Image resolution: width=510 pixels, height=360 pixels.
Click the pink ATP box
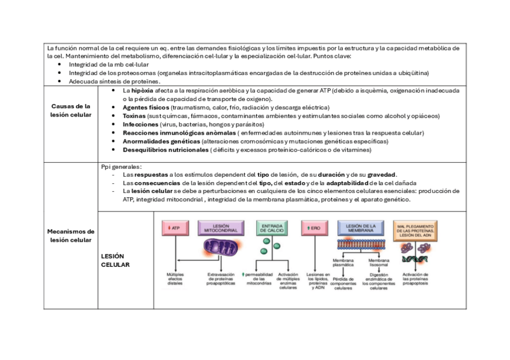coord(174,228)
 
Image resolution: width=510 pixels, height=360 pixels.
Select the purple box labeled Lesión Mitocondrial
coord(221,228)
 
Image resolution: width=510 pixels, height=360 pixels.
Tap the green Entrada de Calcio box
coord(272,228)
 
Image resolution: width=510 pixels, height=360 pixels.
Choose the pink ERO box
coord(315,228)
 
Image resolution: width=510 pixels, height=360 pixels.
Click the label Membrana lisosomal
coord(379,263)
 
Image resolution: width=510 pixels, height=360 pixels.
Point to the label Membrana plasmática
coord(343,263)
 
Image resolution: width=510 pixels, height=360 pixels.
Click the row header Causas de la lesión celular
coord(71,110)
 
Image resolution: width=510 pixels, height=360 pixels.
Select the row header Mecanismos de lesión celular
coord(71,236)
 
